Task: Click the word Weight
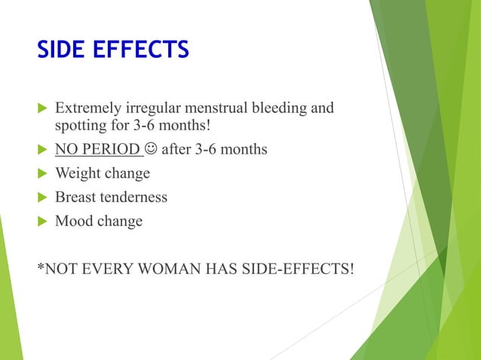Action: click(78, 173)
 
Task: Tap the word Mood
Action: click(75, 221)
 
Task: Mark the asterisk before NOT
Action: click(39, 265)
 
